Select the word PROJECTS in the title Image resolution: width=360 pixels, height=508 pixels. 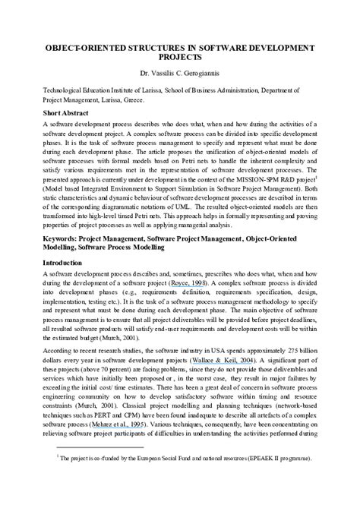click(180, 57)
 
